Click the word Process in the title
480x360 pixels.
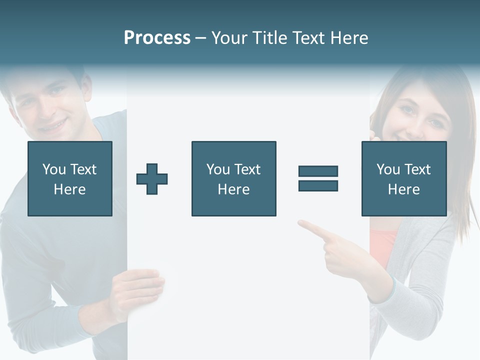pyautogui.click(x=157, y=38)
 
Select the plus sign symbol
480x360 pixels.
pyautogui.click(x=152, y=179)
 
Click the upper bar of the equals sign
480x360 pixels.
pyautogui.click(x=318, y=171)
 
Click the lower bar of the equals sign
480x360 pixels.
pyautogui.click(x=318, y=185)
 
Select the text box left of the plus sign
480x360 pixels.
pyautogui.click(x=70, y=178)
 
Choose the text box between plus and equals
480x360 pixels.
pyautogui.click(x=233, y=178)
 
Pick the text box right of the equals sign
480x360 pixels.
pyautogui.click(x=404, y=178)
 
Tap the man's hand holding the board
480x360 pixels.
pyautogui.click(x=137, y=290)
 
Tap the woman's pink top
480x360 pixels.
pyautogui.click(x=383, y=245)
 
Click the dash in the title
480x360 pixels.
pyautogui.click(x=200, y=38)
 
